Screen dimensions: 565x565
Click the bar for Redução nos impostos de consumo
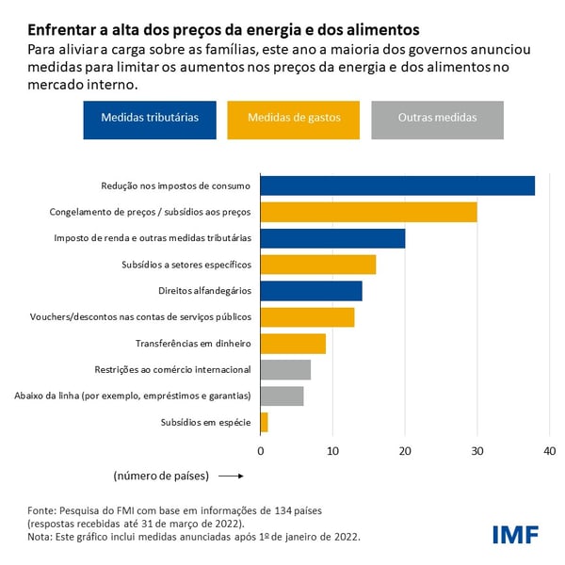tap(396, 186)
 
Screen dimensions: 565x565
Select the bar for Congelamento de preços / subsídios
tap(368, 212)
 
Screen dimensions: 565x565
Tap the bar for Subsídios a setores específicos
tap(317, 265)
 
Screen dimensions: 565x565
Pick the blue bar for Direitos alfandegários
tap(311, 291)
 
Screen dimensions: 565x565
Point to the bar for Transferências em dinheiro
tap(293, 344)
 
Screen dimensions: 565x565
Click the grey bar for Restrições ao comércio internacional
tap(285, 370)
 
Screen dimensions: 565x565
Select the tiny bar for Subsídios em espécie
tap(264, 423)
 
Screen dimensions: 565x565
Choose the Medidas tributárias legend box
tap(150, 119)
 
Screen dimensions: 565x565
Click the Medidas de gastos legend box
tap(293, 119)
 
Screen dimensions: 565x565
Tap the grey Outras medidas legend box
tap(436, 119)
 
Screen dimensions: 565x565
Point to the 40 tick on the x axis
tap(549, 451)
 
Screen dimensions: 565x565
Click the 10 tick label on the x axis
tap(332, 451)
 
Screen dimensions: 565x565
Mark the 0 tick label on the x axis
tap(261, 451)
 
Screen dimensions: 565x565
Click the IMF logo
tap(515, 535)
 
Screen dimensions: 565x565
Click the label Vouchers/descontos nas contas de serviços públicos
tap(140, 317)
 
